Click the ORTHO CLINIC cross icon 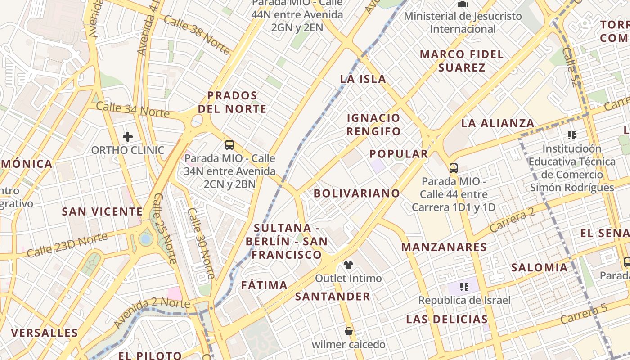click(128, 137)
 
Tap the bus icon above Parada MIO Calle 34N click(229, 145)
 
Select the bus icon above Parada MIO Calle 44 click(454, 168)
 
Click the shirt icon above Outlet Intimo click(348, 265)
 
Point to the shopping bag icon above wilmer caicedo click(348, 331)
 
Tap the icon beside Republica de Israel click(464, 287)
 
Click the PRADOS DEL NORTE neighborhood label click(232, 102)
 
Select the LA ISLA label click(363, 79)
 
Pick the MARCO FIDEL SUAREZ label click(462, 61)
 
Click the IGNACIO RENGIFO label click(373, 125)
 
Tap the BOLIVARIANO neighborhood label click(357, 193)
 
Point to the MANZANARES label click(444, 247)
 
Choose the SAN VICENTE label click(102, 211)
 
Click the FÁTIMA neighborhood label click(264, 285)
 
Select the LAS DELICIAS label click(447, 319)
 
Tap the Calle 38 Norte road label click(197, 35)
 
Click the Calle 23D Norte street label click(67, 246)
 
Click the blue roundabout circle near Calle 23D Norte click(145, 239)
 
